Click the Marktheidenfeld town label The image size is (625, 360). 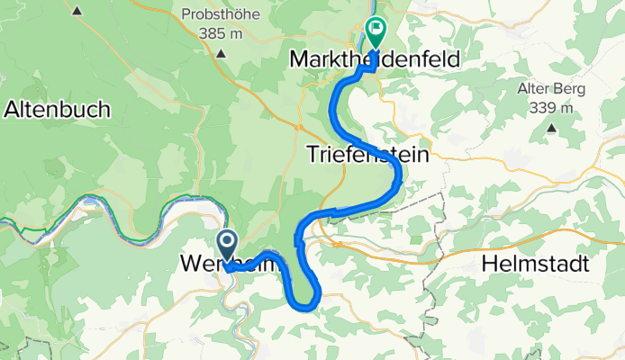(375, 59)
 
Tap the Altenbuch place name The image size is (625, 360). (58, 109)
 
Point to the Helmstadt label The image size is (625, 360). (535, 265)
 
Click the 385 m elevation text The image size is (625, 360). (221, 34)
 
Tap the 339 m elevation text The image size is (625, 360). (549, 107)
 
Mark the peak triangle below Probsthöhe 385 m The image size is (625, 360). (221, 53)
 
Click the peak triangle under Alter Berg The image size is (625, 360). (550, 128)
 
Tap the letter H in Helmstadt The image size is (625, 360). (489, 265)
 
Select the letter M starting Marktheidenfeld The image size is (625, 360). (299, 59)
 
